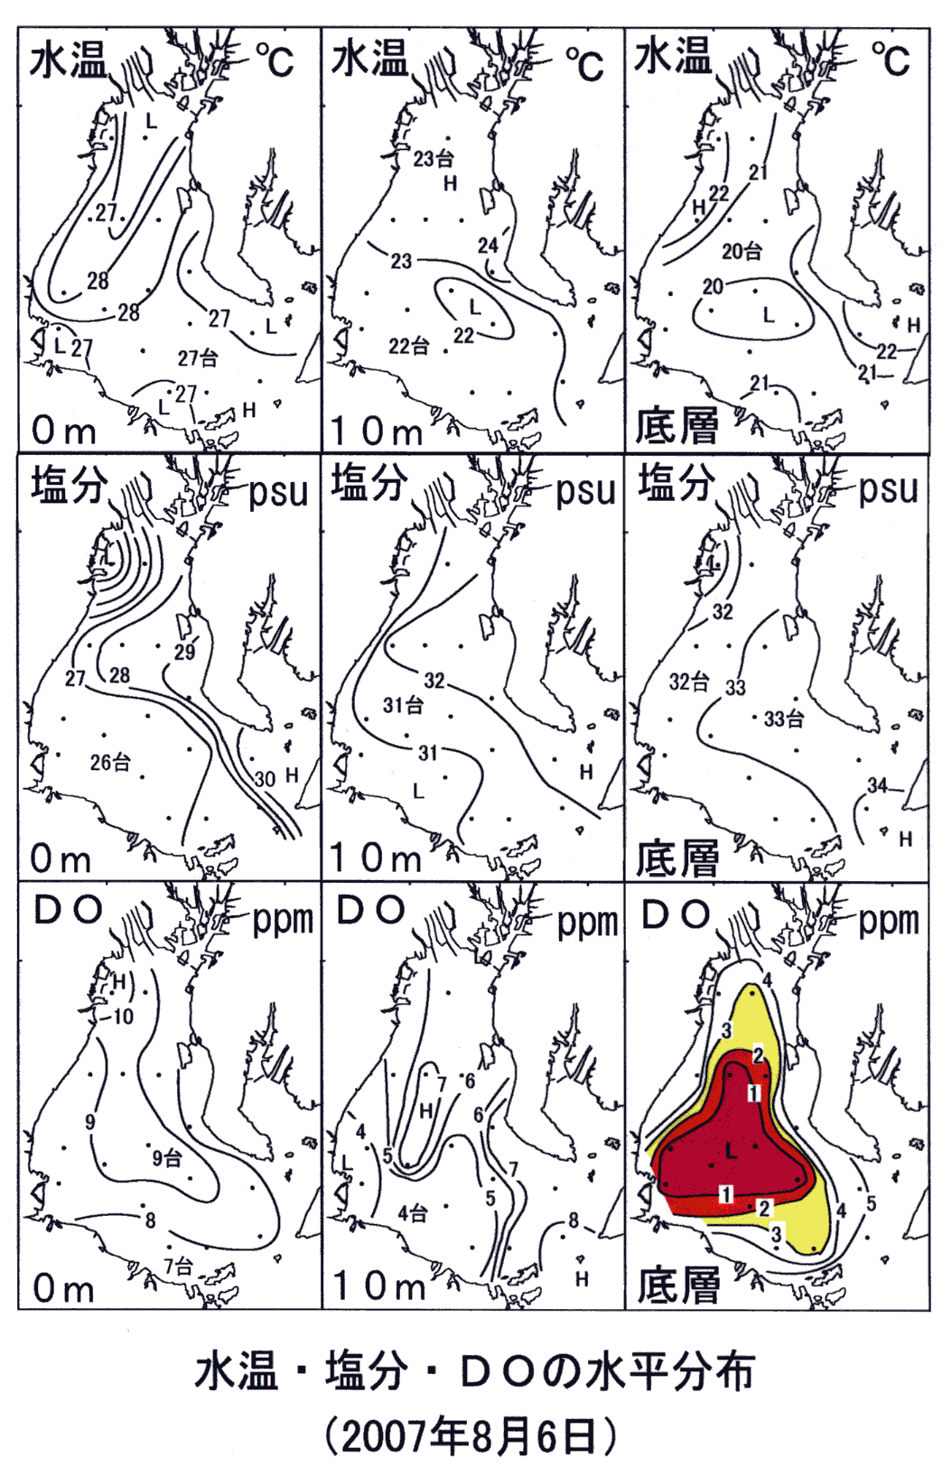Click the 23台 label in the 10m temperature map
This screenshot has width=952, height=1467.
point(433,159)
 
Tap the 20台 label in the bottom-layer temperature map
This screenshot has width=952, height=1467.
point(742,251)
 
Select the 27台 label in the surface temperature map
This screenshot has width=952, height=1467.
point(198,358)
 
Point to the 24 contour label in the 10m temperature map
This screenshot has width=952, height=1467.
point(488,246)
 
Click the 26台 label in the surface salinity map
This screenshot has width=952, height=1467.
point(110,762)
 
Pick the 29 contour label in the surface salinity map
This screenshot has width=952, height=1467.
point(185,653)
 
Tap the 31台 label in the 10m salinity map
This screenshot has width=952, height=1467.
point(403,705)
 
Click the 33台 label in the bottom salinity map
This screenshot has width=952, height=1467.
point(784,720)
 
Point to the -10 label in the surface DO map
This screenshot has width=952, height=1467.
point(118,1017)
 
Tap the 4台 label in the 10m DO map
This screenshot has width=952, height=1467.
point(412,1213)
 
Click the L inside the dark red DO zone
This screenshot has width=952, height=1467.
point(732,1151)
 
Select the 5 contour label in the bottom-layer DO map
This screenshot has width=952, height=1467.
point(871,1203)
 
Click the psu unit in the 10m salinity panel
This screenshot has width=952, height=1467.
point(586,492)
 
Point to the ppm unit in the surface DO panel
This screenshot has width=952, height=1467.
point(283,922)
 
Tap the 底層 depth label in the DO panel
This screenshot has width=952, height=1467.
point(678,1285)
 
